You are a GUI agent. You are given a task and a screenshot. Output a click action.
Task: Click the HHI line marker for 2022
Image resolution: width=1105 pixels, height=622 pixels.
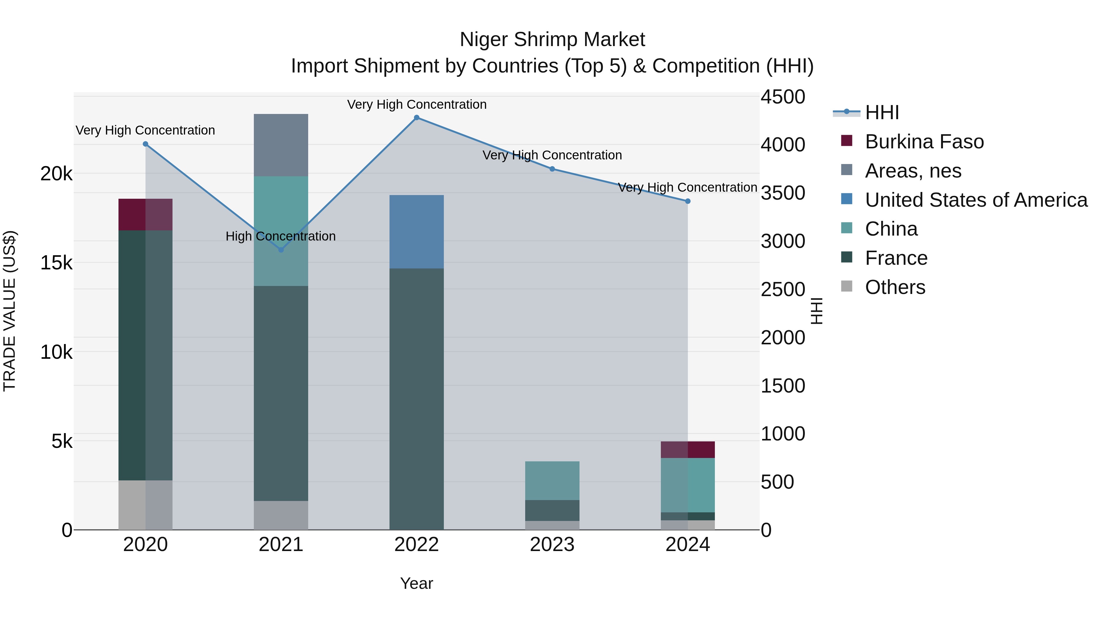point(416,118)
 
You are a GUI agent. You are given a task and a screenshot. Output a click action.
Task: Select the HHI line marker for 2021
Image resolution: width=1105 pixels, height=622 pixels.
point(281,250)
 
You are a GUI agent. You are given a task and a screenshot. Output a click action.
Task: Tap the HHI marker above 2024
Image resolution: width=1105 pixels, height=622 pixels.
point(688,201)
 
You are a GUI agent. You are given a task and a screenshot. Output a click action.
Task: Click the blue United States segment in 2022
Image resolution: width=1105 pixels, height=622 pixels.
point(416,232)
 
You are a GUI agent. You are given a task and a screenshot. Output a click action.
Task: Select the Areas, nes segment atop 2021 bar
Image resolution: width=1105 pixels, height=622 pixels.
point(281,145)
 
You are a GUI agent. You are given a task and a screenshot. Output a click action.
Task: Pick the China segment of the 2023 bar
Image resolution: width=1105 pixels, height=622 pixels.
point(552,481)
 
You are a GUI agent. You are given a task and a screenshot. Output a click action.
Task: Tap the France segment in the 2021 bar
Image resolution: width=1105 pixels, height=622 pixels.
point(281,393)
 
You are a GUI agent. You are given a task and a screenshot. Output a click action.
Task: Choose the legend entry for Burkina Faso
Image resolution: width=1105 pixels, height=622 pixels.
point(924,142)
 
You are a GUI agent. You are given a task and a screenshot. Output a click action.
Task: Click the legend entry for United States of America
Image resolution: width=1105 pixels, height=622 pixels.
point(976,200)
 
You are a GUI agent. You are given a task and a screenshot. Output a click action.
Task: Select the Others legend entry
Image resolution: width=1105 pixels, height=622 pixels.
point(895,287)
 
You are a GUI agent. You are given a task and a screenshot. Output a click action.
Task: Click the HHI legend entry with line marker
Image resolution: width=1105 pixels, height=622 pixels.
point(882,112)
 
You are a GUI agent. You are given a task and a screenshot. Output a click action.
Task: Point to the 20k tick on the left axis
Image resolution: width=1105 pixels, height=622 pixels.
point(56,174)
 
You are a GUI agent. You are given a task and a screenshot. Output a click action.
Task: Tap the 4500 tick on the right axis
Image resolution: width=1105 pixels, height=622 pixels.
point(783,97)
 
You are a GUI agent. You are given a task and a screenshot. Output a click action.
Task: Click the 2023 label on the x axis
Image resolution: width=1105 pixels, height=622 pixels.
point(552,545)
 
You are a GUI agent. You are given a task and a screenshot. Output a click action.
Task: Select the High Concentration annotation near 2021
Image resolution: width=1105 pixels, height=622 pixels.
point(281,236)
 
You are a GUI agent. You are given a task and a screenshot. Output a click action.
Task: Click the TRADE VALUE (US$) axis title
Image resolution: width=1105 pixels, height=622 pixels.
point(10,311)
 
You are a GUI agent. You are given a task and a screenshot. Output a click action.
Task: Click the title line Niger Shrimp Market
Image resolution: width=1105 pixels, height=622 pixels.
point(552,40)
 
